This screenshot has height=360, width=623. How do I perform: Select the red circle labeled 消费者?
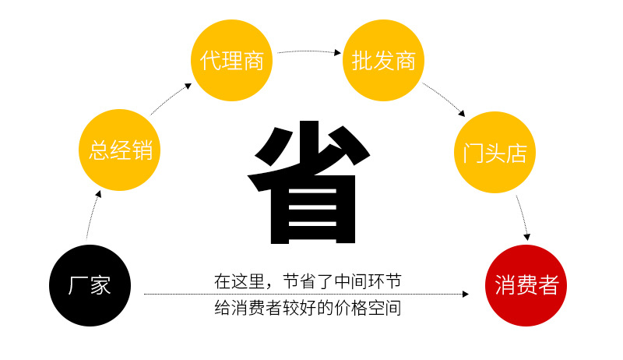(526, 285)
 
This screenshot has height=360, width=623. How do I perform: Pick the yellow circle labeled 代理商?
(231, 61)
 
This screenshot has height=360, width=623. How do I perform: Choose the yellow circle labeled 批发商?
(383, 61)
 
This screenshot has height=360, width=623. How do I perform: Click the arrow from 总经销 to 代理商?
(171, 98)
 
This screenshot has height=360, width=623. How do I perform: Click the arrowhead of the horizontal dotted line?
(466, 295)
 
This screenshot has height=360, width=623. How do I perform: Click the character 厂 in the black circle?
(77, 285)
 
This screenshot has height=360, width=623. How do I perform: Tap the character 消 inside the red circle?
(505, 285)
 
